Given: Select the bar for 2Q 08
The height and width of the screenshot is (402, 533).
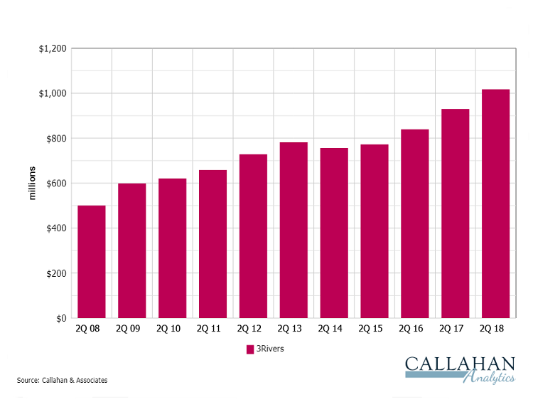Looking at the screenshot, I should [92, 262].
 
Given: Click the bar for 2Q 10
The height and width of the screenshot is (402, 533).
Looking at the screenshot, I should [173, 248].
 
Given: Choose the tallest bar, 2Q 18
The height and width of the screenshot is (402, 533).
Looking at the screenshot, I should [495, 203].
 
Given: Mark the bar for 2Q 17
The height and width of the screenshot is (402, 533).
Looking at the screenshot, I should [455, 213].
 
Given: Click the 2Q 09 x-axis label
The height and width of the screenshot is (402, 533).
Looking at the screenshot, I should [132, 329].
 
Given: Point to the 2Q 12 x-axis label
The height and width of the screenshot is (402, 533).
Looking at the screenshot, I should [253, 329].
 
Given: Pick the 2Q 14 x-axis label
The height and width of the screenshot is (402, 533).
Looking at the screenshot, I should [334, 329].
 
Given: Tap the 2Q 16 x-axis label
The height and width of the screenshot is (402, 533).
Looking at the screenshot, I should [414, 329].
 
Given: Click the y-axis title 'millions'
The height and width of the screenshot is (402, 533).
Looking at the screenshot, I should [32, 184].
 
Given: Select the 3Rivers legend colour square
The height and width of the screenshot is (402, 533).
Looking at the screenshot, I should [250, 349].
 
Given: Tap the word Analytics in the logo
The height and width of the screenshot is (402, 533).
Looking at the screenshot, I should [489, 379].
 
